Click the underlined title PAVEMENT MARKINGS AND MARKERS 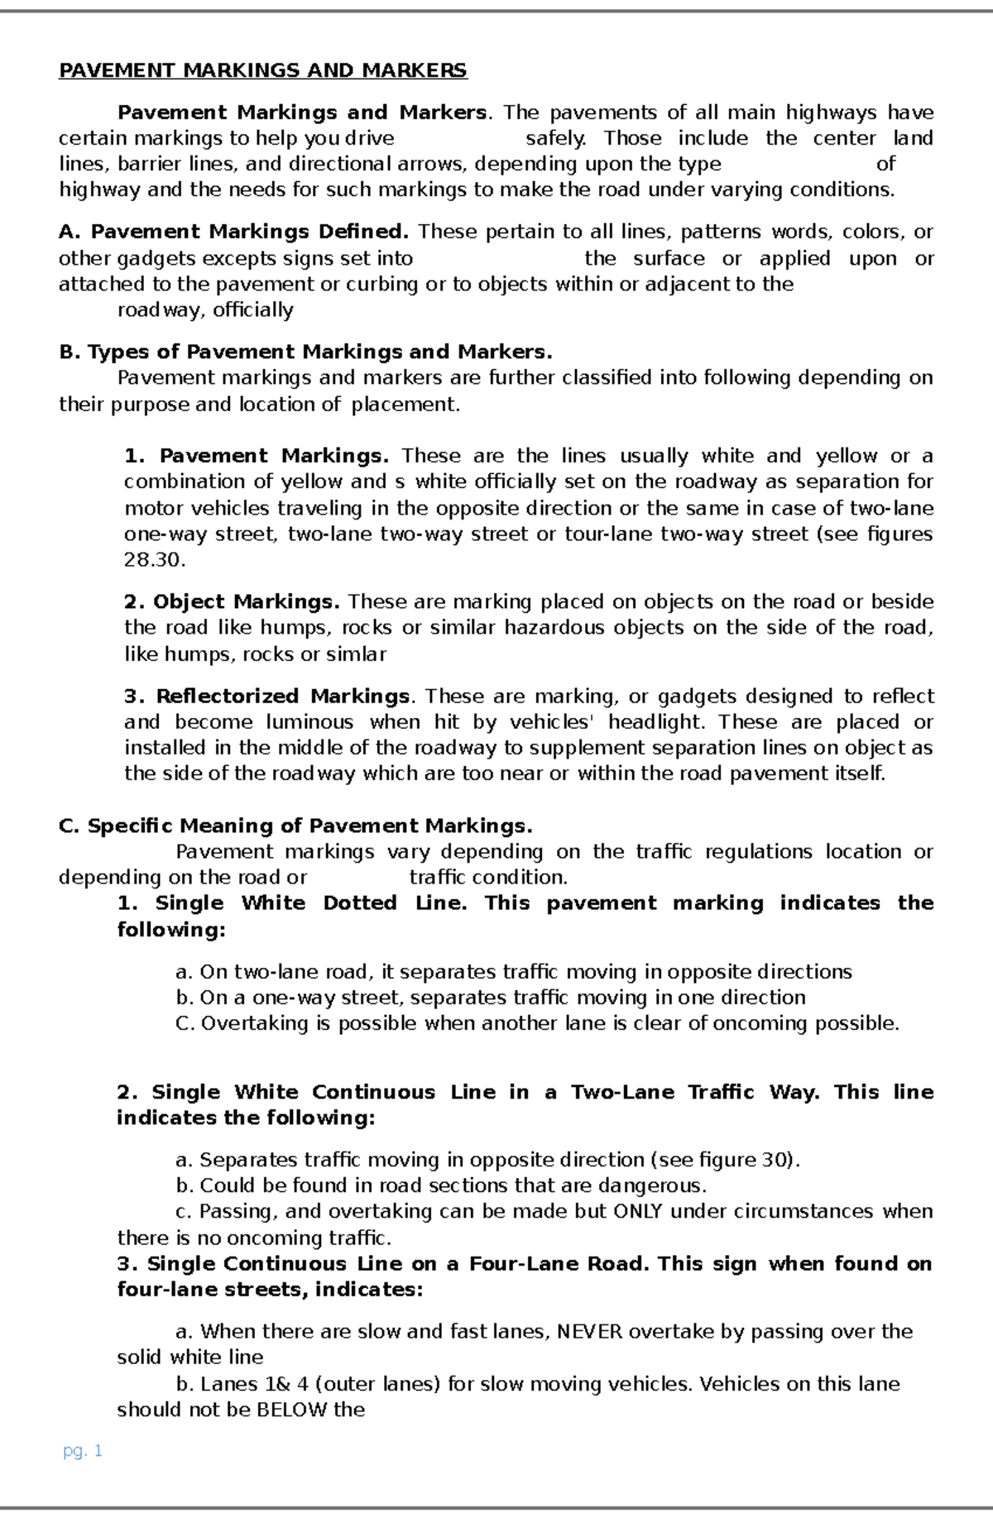tap(262, 70)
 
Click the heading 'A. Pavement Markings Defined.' tap(234, 232)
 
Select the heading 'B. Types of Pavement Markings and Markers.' tap(305, 352)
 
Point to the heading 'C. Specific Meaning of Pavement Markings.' tap(295, 826)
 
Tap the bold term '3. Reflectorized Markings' tap(266, 697)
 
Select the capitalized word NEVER tap(592, 1331)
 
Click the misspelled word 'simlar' tap(357, 654)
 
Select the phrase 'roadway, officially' tap(205, 310)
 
